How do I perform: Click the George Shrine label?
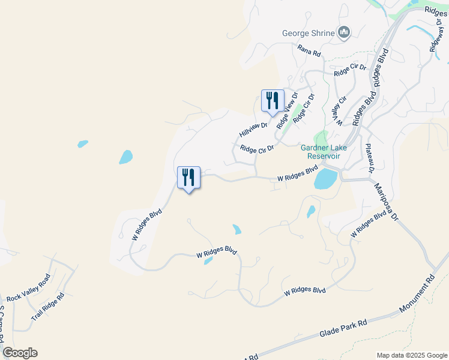(x=308, y=33)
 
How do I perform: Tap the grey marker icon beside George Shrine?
(x=344, y=32)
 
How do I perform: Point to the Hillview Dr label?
(x=253, y=126)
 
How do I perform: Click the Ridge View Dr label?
(x=287, y=110)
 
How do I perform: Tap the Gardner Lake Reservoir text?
(x=321, y=152)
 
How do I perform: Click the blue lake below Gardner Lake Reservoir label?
(x=325, y=178)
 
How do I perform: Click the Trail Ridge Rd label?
(x=47, y=307)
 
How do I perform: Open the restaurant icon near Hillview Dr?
(x=273, y=101)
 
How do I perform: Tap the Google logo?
(x=20, y=353)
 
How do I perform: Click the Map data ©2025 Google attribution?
(x=411, y=355)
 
